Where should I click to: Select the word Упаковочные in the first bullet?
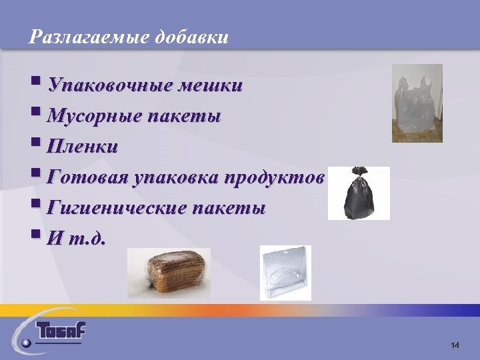click(x=113, y=87)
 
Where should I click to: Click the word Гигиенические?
click(x=117, y=208)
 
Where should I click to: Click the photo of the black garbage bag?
click(x=359, y=193)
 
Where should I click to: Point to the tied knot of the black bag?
click(x=359, y=173)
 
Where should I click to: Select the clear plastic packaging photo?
click(x=285, y=273)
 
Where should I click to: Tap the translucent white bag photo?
click(x=417, y=103)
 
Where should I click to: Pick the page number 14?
click(x=455, y=345)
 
